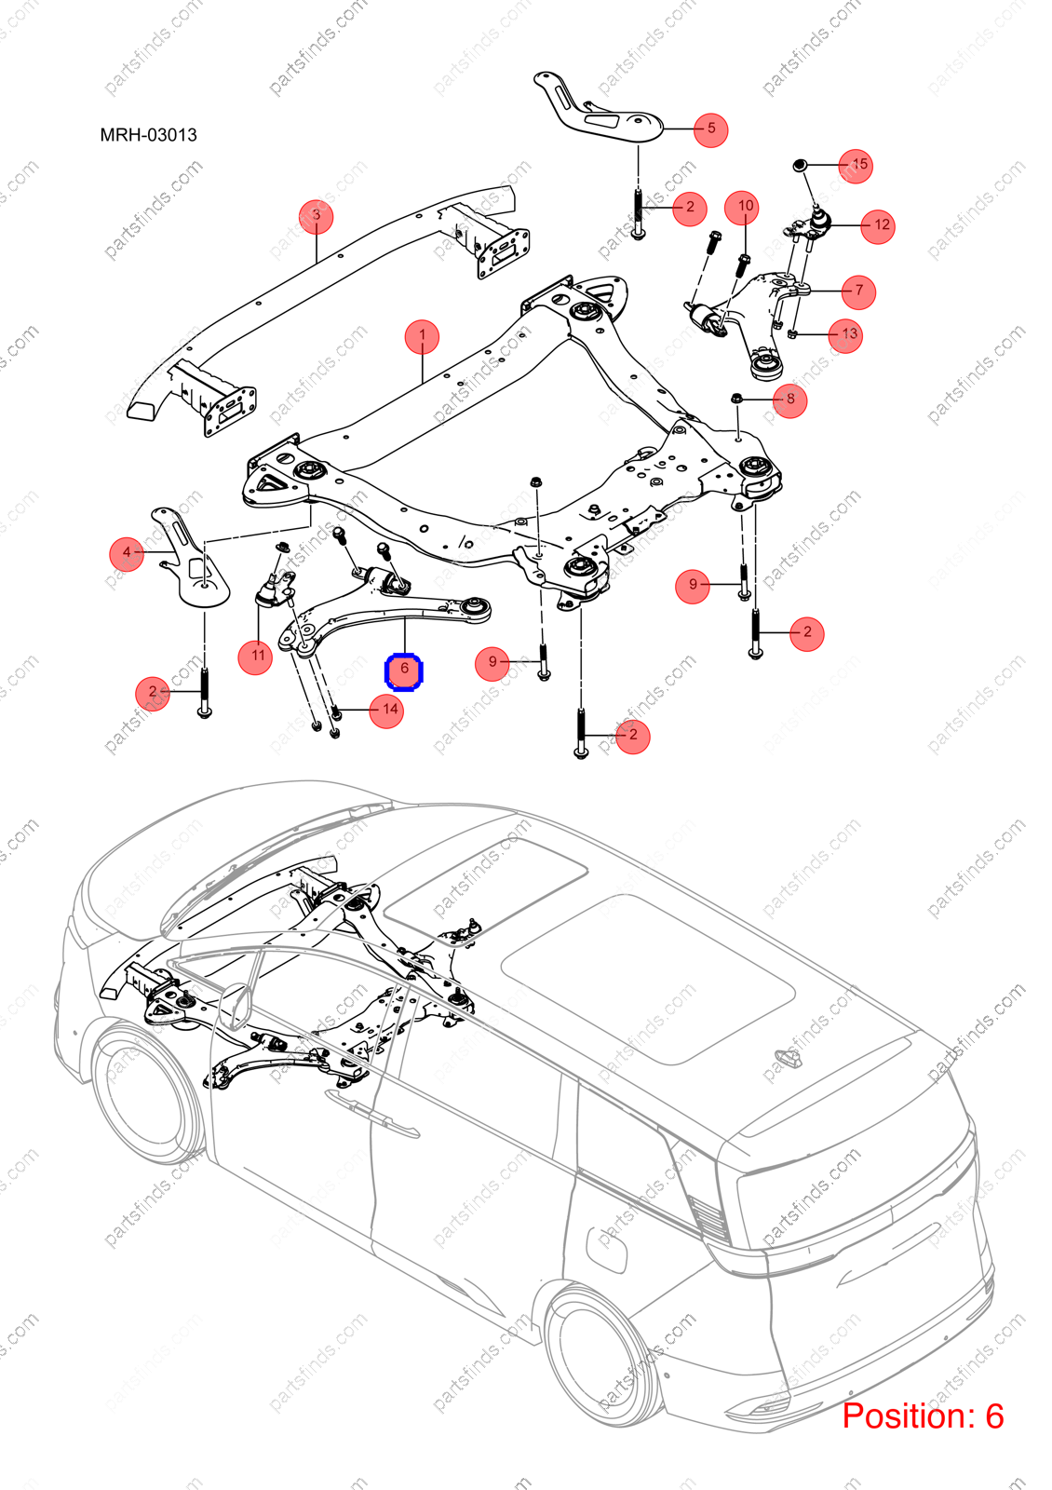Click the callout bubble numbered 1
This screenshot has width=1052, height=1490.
423,337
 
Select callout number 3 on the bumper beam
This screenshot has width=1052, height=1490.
316,215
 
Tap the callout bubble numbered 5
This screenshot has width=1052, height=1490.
711,129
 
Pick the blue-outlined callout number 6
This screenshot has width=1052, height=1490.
404,671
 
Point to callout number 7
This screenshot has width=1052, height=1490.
858,291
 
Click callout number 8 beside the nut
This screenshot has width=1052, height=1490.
790,400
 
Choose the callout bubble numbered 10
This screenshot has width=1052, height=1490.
746,207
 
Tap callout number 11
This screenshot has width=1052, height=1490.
256,657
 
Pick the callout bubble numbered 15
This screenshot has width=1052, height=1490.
856,166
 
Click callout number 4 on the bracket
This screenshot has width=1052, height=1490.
127,553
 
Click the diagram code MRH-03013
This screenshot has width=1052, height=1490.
148,135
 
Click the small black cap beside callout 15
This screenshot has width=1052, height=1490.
801,164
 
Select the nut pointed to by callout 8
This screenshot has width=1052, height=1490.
736,400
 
